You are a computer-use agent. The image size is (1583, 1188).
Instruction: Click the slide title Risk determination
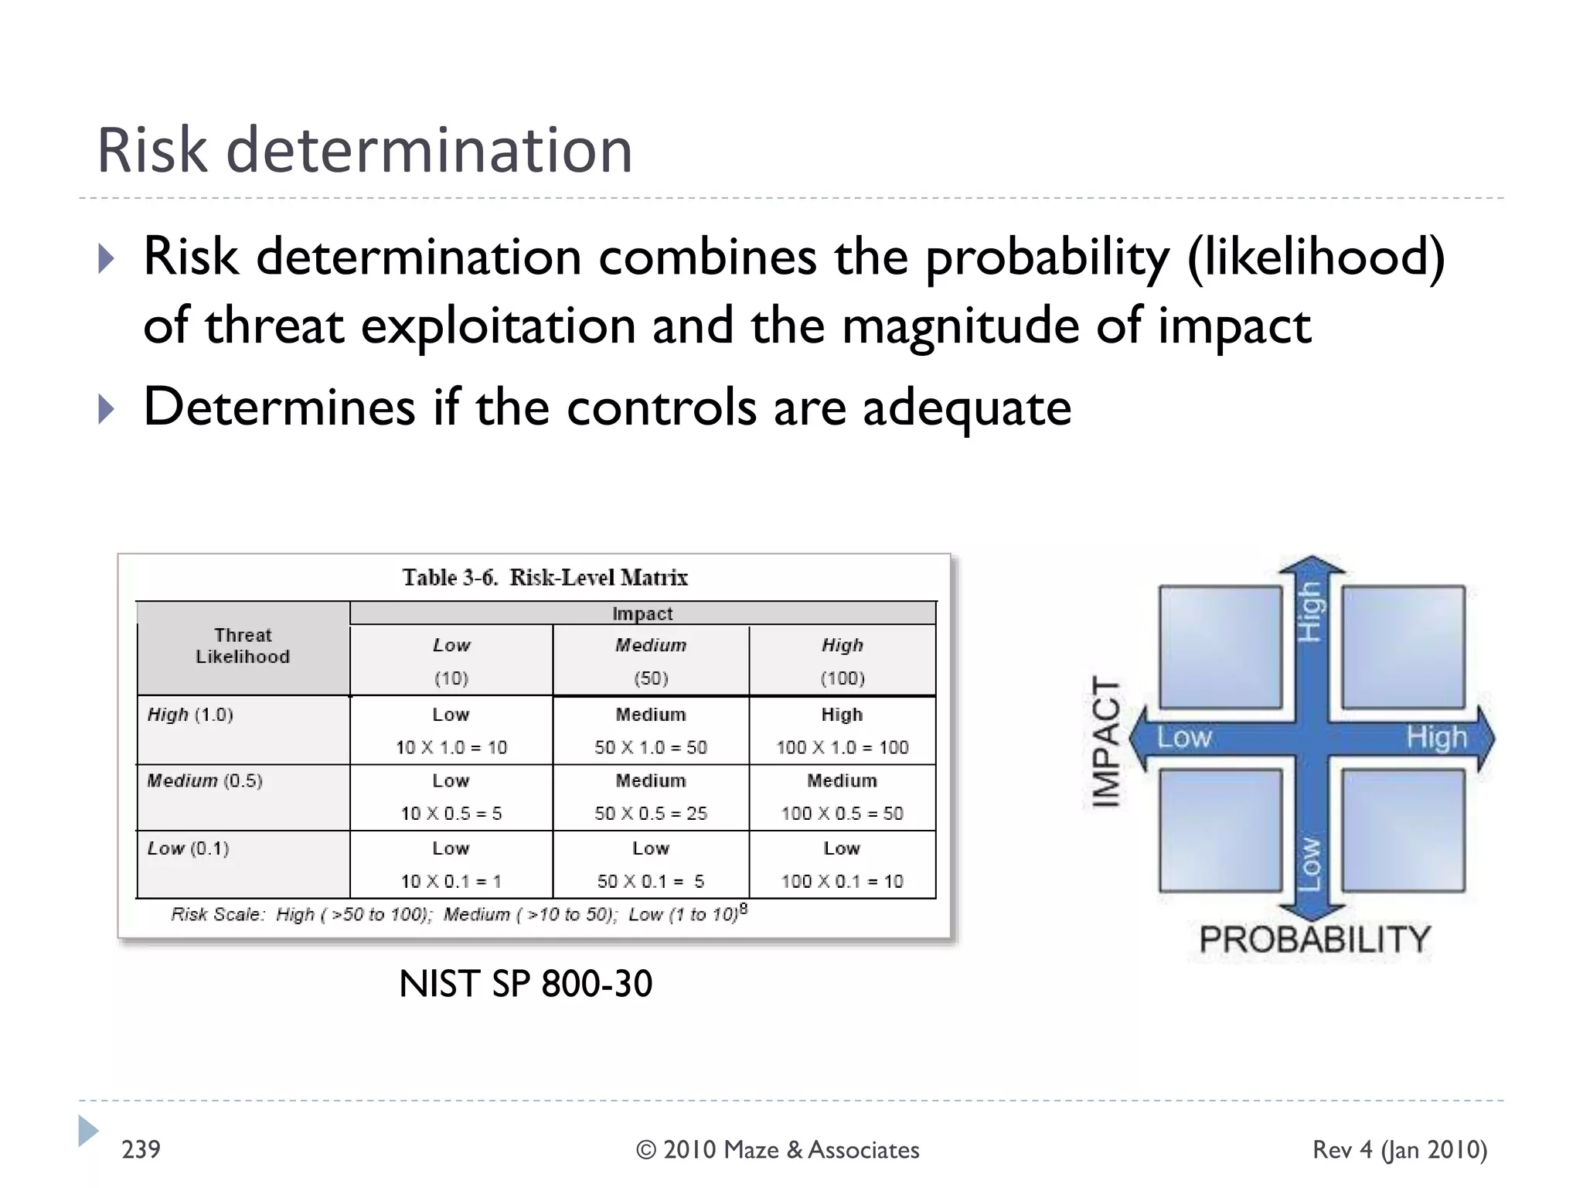365,150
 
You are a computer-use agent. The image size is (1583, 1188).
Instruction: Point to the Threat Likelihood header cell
243,647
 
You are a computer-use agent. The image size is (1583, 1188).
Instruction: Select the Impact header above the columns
642,613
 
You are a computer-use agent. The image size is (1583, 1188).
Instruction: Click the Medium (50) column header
651,661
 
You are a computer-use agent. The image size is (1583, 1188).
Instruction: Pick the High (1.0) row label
190,715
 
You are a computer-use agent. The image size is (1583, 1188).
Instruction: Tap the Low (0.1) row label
189,848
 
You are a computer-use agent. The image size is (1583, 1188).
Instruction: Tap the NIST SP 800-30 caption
526,984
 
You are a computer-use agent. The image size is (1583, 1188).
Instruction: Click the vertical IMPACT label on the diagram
1106,742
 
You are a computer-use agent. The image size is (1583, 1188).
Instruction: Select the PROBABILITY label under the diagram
1315,939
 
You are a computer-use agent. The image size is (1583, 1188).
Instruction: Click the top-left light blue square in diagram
1220,647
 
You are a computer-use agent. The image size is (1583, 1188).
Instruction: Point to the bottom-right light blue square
1403,830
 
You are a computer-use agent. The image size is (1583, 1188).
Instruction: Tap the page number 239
141,1149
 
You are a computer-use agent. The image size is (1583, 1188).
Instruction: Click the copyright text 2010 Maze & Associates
778,1150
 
